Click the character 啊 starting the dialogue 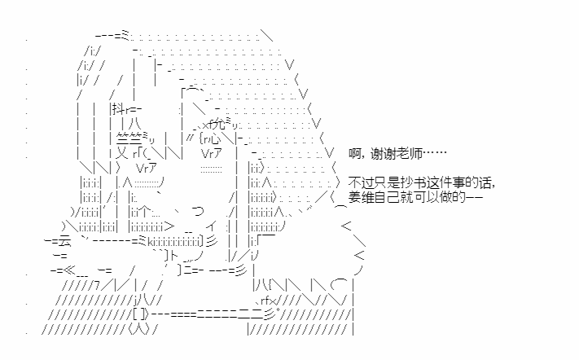click(x=354, y=153)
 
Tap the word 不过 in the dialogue click(x=361, y=182)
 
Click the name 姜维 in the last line click(x=361, y=197)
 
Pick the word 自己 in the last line click(x=385, y=197)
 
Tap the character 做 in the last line click(x=446, y=197)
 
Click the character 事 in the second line click(x=460, y=182)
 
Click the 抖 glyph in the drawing click(x=118, y=109)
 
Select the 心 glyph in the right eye click(x=214, y=138)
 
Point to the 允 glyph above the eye click(x=219, y=124)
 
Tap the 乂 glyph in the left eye click(x=122, y=153)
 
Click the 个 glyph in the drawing click(x=147, y=213)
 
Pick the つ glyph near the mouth click(x=198, y=212)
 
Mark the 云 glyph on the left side click(x=64, y=241)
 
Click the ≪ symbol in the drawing click(x=69, y=270)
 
